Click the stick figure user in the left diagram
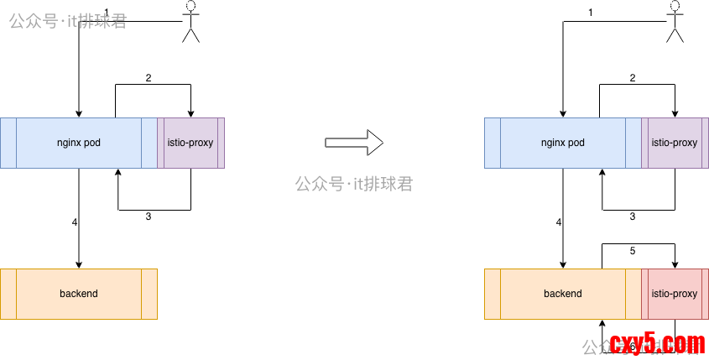pyautogui.click(x=192, y=21)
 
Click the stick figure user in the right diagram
pyautogui.click(x=676, y=21)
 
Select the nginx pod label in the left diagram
pyautogui.click(x=79, y=143)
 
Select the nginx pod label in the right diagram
pyautogui.click(x=563, y=143)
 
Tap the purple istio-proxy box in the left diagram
pyautogui.click(x=190, y=143)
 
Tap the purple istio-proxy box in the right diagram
pyautogui.click(x=675, y=143)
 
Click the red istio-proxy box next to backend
pyautogui.click(x=675, y=294)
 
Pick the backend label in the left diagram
pyautogui.click(x=79, y=294)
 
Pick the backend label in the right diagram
pyautogui.click(x=563, y=294)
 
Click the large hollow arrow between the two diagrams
pyautogui.click(x=354, y=143)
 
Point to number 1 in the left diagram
pyautogui.click(x=107, y=12)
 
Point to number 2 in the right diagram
pyautogui.click(x=633, y=78)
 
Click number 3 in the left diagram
pyautogui.click(x=149, y=217)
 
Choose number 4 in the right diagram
pyautogui.click(x=559, y=222)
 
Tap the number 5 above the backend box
pyautogui.click(x=633, y=250)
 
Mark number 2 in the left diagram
pyautogui.click(x=149, y=78)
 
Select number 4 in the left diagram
pyautogui.click(x=75, y=222)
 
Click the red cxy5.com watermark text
pyautogui.click(x=657, y=344)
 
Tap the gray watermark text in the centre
pyautogui.click(x=354, y=184)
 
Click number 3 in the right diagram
pyautogui.click(x=633, y=217)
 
